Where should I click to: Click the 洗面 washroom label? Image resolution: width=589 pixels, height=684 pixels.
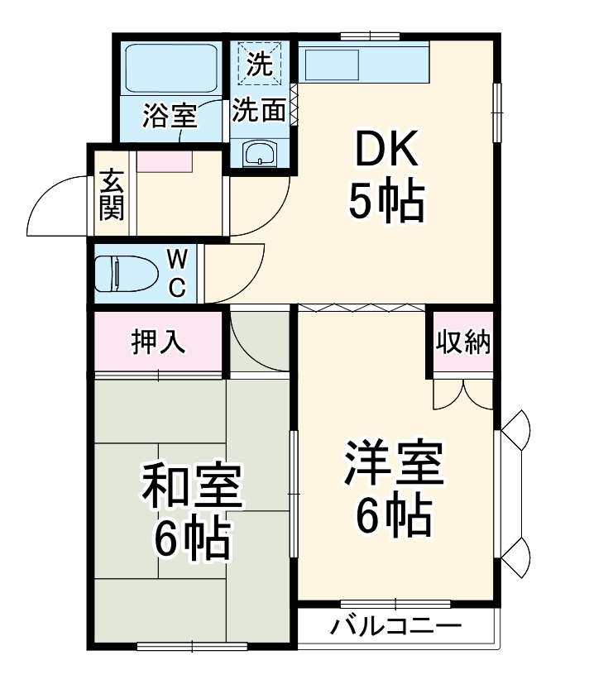(259, 111)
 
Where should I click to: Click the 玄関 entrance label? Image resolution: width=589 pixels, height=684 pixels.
(112, 195)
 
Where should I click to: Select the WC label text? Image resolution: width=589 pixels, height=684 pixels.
(178, 273)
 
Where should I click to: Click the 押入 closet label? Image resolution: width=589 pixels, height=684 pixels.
(158, 342)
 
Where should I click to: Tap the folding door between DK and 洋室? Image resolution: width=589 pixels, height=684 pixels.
(361, 307)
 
